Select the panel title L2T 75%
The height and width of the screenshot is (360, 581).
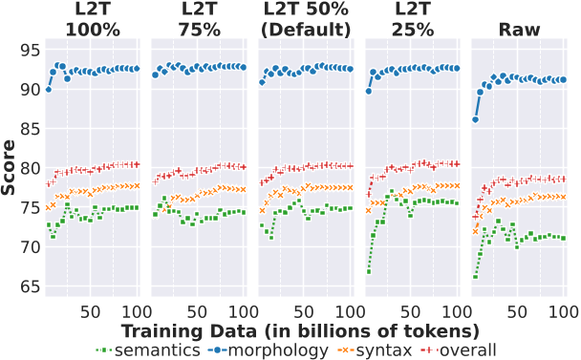[198, 19]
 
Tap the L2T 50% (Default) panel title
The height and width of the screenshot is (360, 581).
[305, 19]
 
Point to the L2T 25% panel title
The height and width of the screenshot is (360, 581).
[412, 19]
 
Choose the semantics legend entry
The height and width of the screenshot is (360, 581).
[150, 349]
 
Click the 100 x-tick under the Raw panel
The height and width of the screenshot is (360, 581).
[564, 311]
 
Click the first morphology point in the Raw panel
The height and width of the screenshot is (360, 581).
[475, 119]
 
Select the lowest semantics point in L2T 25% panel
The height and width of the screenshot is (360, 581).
[368, 271]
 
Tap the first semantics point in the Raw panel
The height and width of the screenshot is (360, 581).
[475, 277]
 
